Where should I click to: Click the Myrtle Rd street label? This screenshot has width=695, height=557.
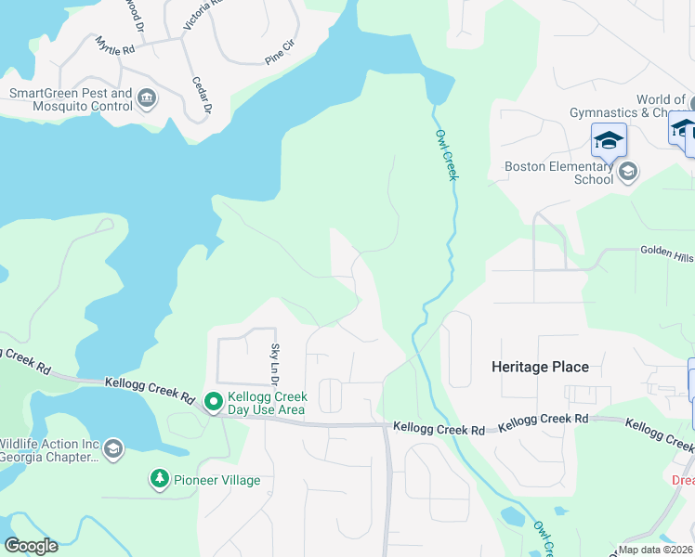tap(115, 46)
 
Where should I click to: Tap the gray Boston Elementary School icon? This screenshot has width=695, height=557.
tap(628, 171)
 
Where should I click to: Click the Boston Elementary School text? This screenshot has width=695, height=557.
tap(558, 173)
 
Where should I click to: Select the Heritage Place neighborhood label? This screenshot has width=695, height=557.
tap(540, 367)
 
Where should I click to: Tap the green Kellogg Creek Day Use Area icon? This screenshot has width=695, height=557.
tap(213, 402)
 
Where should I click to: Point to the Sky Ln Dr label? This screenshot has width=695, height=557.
tap(275, 364)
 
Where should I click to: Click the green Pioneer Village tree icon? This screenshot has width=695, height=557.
tap(160, 479)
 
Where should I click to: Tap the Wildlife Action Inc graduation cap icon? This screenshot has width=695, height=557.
tap(113, 449)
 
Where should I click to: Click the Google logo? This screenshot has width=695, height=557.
tap(31, 546)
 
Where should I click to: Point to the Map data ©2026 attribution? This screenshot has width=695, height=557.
tap(655, 550)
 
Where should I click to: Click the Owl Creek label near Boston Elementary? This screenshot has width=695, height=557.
tap(447, 153)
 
